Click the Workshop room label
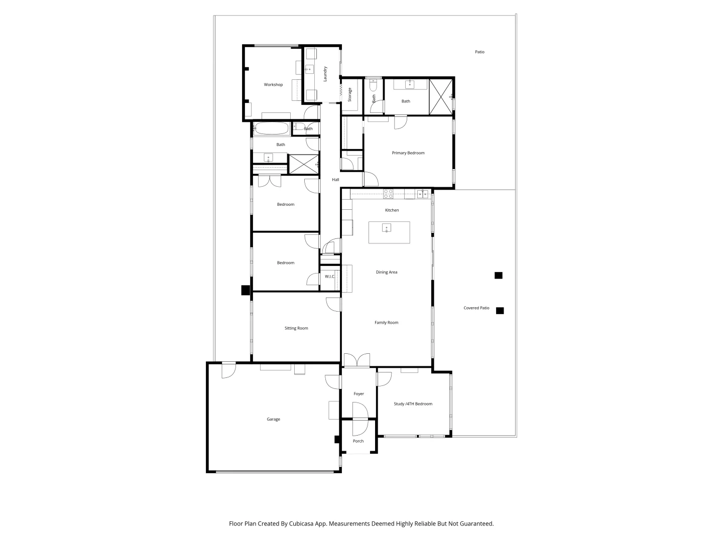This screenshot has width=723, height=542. click(x=273, y=85)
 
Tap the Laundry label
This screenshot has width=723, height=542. click(x=325, y=74)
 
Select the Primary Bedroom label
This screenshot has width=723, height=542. click(x=408, y=153)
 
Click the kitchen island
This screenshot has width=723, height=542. click(x=389, y=232)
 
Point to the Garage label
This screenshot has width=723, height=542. click(x=273, y=420)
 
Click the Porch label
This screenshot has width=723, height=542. click(x=358, y=442)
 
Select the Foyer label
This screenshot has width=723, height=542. click(x=358, y=394)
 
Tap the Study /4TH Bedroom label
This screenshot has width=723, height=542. click(x=413, y=404)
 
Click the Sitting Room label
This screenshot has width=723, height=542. click(x=296, y=328)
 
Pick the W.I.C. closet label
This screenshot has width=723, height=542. click(x=329, y=277)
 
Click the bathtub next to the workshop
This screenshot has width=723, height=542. click(x=272, y=128)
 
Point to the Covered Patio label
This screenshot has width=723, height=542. click(x=476, y=308)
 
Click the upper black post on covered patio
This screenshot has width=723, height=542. click(x=498, y=276)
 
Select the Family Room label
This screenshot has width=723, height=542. click(x=386, y=323)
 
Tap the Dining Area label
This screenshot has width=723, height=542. click(x=386, y=273)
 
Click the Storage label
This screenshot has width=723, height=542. click(x=350, y=94)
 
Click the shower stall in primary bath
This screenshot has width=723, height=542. click(x=441, y=96)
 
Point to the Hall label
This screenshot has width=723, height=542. click(x=335, y=180)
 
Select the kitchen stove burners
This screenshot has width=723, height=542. click(x=388, y=194)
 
